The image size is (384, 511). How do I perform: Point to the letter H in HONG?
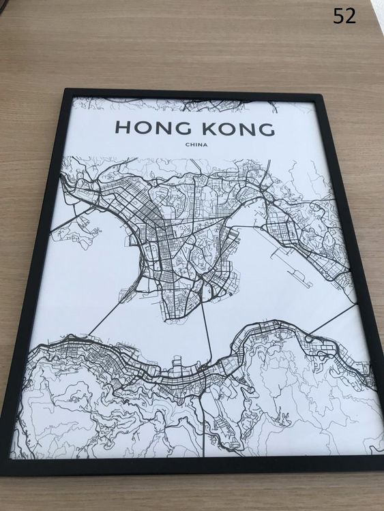coord(123,128)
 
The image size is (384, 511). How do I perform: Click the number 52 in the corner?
coord(345,16)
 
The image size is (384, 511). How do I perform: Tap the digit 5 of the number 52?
coord(339,16)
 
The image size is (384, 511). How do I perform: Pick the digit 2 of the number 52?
coord(351,16)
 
